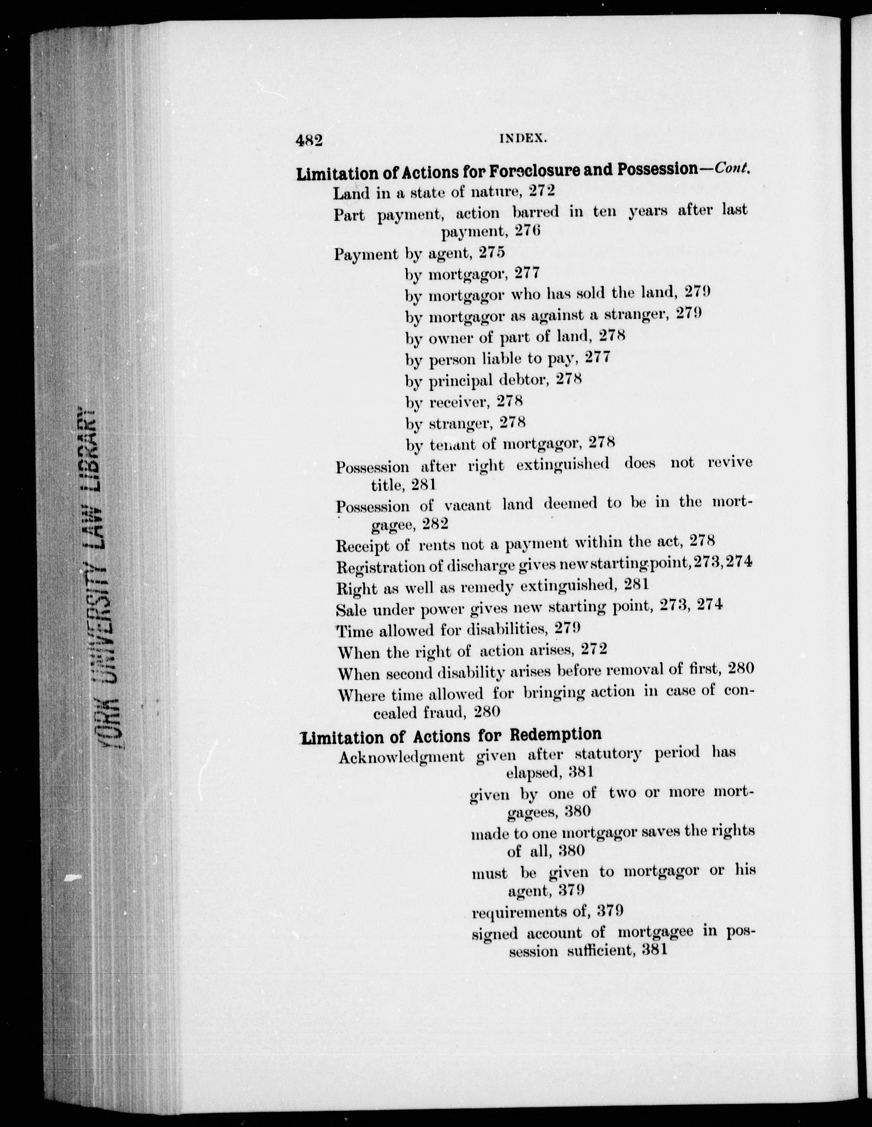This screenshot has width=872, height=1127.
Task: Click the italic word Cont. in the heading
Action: pos(732,170)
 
